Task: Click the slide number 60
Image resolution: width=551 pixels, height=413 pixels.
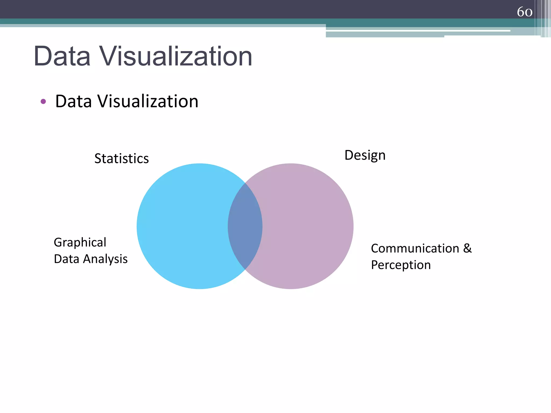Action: click(524, 12)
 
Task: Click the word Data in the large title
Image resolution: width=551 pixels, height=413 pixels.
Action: click(62, 56)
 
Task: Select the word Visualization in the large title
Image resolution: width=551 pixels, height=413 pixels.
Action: click(176, 56)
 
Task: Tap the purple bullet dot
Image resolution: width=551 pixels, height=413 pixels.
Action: click(43, 101)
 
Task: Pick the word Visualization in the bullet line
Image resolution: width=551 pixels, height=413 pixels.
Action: click(148, 101)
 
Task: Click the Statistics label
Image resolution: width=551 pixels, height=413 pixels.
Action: click(121, 158)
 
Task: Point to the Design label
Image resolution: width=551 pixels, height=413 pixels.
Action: click(365, 155)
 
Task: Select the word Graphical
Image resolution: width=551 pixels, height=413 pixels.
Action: click(80, 242)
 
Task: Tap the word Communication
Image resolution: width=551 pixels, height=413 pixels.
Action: click(415, 248)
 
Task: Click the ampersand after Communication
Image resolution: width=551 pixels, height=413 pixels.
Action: click(467, 248)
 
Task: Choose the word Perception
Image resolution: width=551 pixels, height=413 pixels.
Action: click(401, 265)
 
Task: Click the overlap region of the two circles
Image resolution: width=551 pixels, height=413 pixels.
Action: click(245, 226)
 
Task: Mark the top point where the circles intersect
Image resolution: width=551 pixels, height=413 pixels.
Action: click(245, 183)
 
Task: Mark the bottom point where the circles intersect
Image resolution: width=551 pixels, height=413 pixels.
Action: click(245, 269)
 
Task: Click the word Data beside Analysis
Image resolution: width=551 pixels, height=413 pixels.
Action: click(66, 259)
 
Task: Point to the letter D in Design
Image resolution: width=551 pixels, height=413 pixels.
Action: click(349, 155)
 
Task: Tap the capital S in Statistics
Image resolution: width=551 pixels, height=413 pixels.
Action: click(98, 158)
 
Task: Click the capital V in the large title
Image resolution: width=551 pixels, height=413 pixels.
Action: click(110, 56)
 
